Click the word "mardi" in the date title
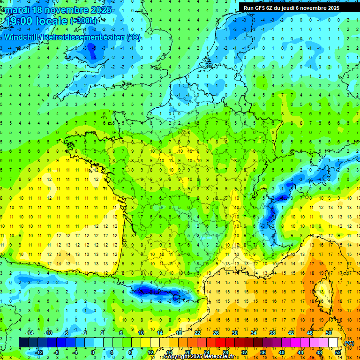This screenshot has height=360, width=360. [17, 10]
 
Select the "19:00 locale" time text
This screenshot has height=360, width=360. [37, 21]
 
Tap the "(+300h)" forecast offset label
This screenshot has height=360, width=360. [84, 21]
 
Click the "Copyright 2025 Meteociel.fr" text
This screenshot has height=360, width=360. [199, 357]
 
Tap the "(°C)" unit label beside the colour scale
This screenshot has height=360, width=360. [349, 343]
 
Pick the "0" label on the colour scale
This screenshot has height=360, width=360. [93, 352]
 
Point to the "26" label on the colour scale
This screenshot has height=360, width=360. [216, 333]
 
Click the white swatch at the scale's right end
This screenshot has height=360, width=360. [333, 342]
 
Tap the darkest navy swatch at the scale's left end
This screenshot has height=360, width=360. [23, 342]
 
